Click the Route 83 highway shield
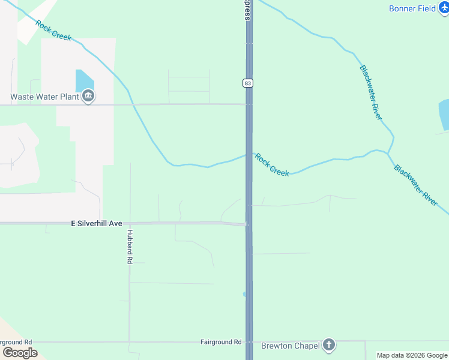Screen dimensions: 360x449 tap(247, 83)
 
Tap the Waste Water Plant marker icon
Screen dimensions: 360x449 tap(88, 96)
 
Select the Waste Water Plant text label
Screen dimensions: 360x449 tap(44, 97)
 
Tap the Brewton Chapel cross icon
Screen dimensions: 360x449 tap(328, 344)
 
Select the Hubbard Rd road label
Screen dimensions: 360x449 tap(130, 247)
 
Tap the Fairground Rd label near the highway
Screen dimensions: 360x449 tap(220, 341)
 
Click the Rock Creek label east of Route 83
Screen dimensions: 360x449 tap(272, 164)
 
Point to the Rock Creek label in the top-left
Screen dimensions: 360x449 tap(53, 31)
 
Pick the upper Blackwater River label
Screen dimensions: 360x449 tap(370, 92)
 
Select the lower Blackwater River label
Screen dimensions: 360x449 tap(415, 185)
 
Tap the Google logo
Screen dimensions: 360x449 tap(19, 352)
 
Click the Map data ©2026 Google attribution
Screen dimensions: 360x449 tap(412, 355)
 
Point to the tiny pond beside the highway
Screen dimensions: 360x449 tap(244, 294)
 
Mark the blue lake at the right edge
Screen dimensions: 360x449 tap(444, 115)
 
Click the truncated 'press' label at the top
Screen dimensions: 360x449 tap(247, 10)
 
